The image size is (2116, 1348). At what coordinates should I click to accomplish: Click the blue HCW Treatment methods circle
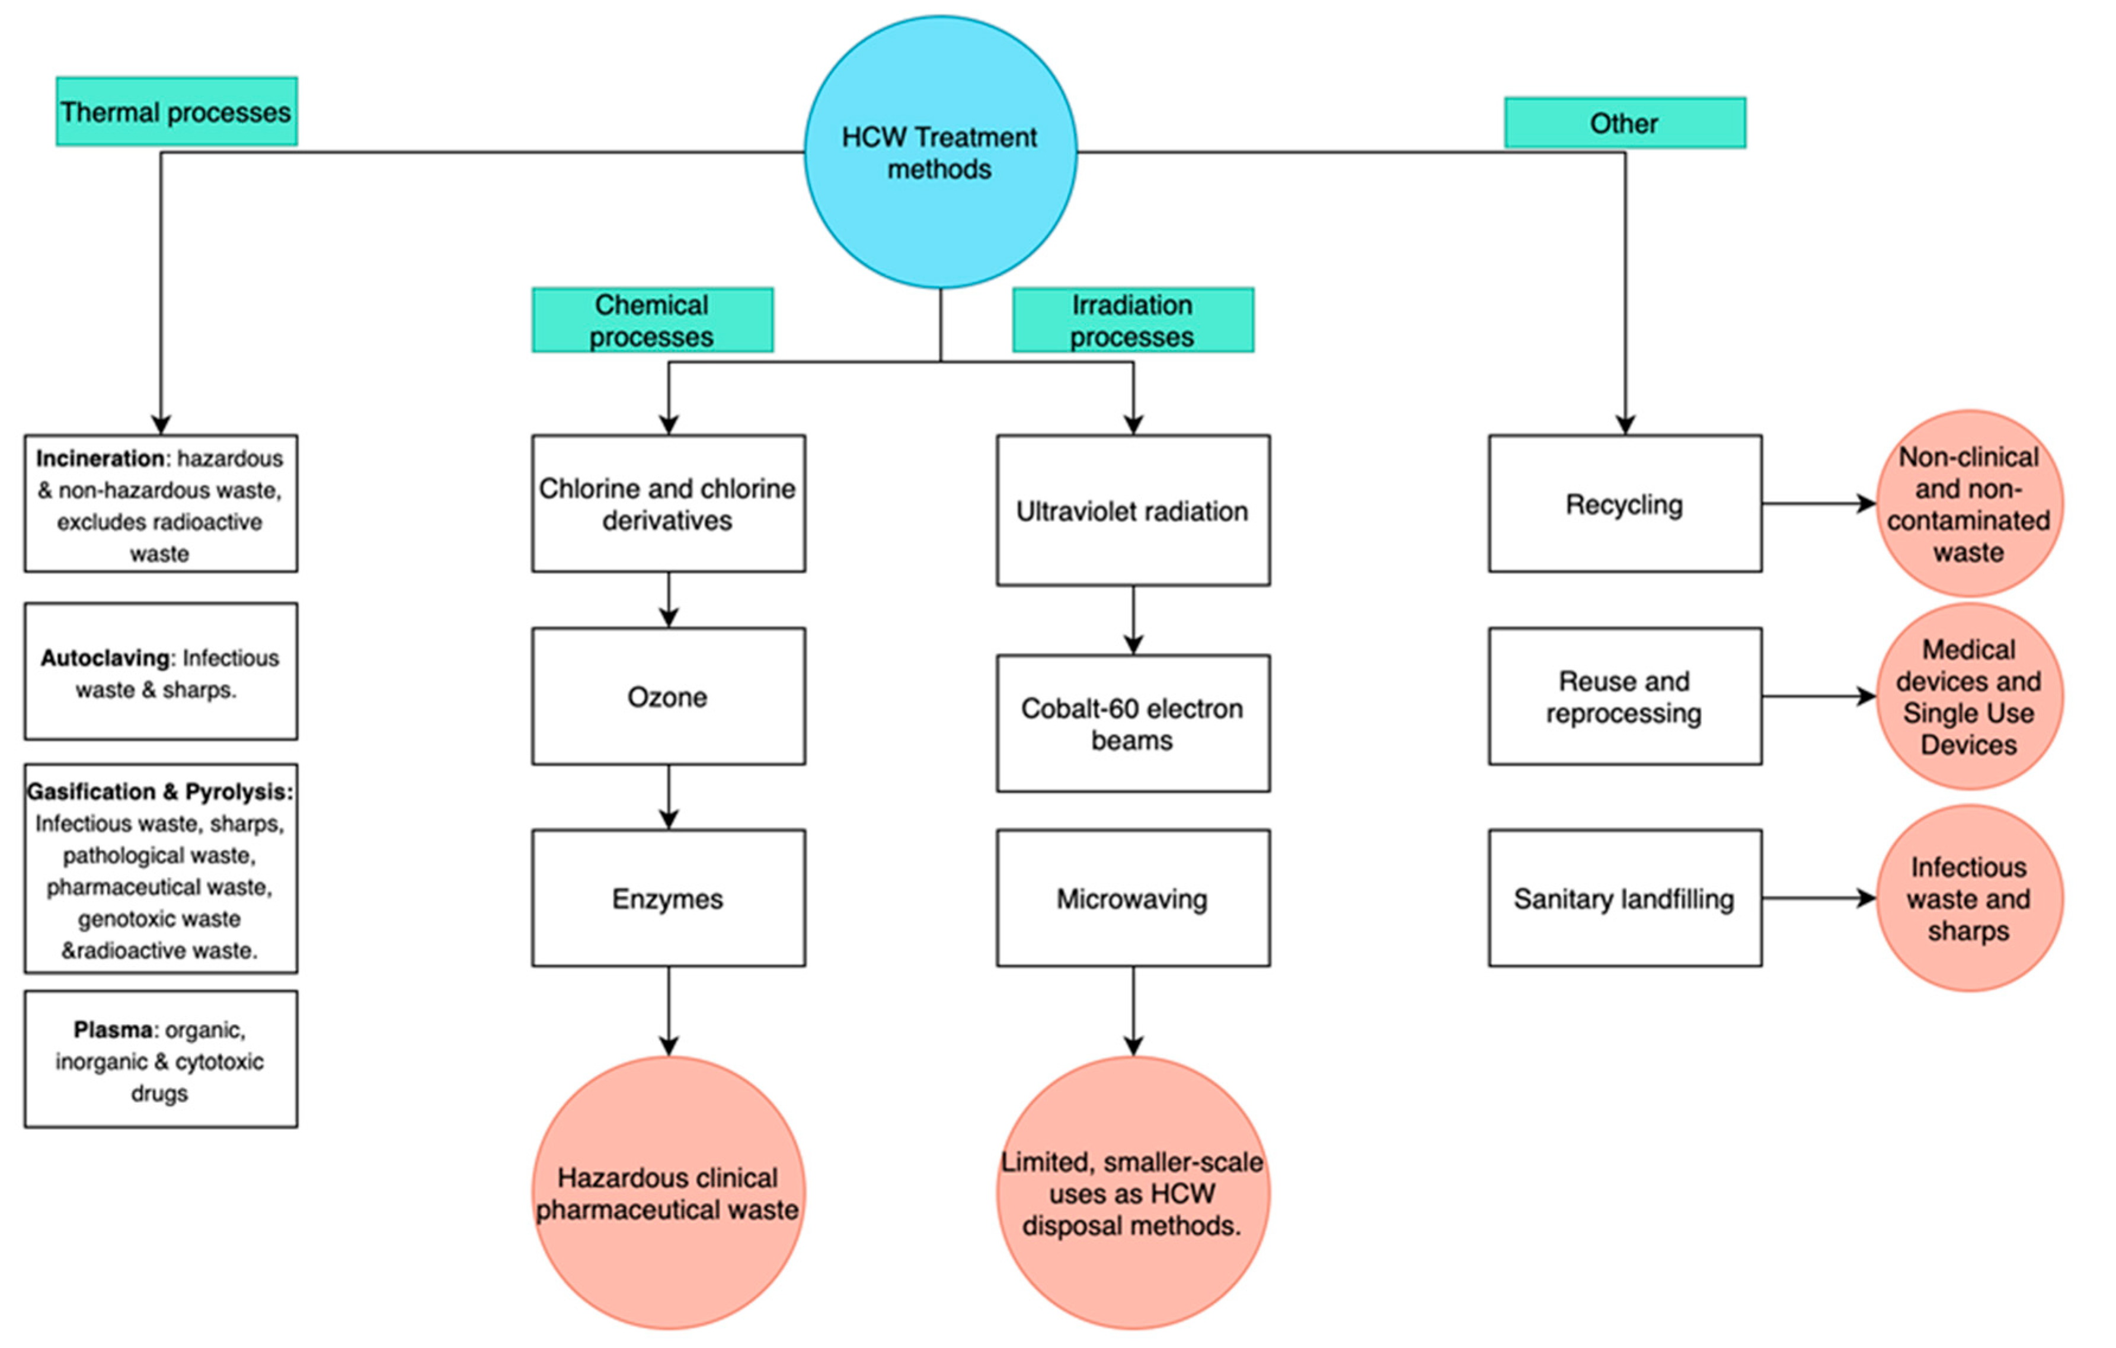(940, 152)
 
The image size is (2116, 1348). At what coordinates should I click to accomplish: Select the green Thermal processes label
(176, 111)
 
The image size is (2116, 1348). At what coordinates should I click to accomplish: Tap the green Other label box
(1624, 123)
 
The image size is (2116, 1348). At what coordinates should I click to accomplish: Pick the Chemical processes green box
(652, 320)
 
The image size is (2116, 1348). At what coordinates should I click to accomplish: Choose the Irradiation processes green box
(1132, 320)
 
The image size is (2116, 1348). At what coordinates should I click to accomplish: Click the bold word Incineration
(100, 459)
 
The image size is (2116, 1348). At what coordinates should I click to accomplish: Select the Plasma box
(160, 1060)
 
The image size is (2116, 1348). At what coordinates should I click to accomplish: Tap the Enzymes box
(668, 898)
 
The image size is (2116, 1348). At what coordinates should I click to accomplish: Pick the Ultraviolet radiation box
(1132, 510)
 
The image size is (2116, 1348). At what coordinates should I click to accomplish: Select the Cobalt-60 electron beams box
(1132, 723)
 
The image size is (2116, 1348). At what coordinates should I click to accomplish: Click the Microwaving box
(1132, 898)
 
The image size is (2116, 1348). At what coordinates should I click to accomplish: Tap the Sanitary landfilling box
(1624, 898)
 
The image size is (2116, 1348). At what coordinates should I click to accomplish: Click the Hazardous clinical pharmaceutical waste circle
(668, 1193)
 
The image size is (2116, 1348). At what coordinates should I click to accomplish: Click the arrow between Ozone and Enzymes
(669, 797)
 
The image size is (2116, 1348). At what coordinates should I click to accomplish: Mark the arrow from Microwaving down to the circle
(1133, 1011)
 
